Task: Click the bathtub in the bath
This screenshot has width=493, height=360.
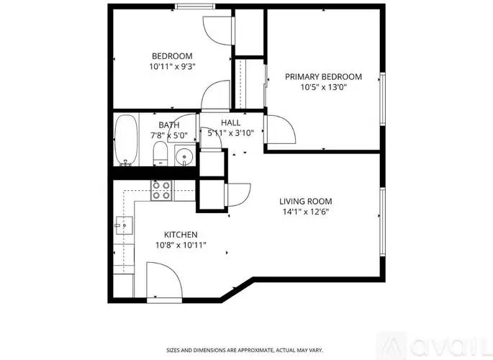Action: pos(125,140)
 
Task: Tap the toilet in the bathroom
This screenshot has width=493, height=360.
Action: pos(160,153)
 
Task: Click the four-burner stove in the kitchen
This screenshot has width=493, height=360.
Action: pos(161,189)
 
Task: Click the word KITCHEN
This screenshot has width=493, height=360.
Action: pos(181,235)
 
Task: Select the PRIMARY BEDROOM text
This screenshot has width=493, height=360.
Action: pos(323,76)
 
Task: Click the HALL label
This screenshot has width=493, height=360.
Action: pos(230,123)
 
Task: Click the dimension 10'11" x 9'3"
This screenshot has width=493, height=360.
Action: pos(173,66)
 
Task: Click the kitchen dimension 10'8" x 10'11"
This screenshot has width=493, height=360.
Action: pos(181,245)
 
